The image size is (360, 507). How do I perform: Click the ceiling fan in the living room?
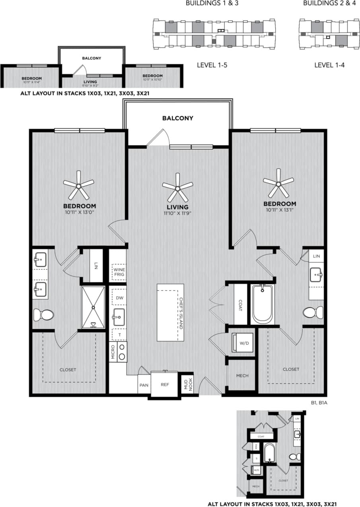tap(177, 186)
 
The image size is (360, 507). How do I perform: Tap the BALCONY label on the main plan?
tap(177, 118)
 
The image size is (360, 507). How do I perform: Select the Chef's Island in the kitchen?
tap(170, 312)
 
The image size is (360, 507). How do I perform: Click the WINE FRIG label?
tap(118, 272)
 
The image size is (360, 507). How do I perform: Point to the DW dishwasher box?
tap(119, 297)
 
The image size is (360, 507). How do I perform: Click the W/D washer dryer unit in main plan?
tap(242, 343)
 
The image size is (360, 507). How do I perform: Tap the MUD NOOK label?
tap(188, 384)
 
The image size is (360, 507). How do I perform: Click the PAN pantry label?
tap(144, 385)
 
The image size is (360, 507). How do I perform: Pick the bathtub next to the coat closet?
tap(263, 304)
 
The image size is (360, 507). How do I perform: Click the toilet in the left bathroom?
tap(43, 315)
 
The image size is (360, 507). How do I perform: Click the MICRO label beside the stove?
tap(113, 352)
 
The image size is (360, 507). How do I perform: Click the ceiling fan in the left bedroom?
tap(79, 185)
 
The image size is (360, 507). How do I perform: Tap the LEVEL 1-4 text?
tap(329, 64)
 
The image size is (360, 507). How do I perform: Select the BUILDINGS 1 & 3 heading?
tap(212, 4)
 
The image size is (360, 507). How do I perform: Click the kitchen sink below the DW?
tap(119, 317)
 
